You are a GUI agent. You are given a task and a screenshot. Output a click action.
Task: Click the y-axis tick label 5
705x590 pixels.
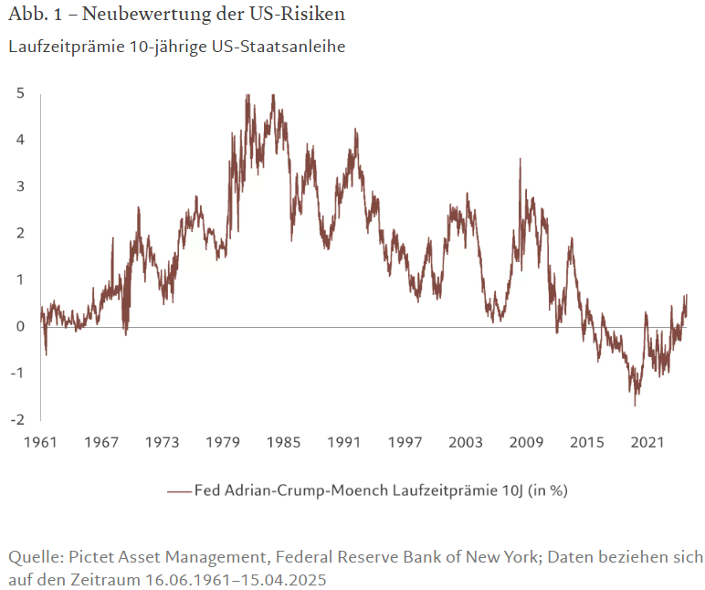coord(19,92)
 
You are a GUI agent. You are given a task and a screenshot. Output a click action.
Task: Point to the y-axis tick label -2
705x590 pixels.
coord(17,419)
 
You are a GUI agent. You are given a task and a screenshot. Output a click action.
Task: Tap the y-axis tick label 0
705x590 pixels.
coord(19,326)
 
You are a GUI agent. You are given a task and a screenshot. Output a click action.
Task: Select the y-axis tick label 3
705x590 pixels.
coord(19,186)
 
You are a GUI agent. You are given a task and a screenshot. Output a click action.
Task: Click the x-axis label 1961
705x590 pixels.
coord(40,443)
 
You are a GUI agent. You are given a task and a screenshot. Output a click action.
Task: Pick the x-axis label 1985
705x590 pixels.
coord(284,443)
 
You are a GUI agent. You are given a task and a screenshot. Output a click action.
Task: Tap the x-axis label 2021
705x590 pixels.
coord(647,443)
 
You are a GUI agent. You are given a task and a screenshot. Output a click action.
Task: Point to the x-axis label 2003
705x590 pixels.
coord(466,443)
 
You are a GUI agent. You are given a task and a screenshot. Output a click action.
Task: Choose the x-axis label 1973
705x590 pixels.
coord(162,443)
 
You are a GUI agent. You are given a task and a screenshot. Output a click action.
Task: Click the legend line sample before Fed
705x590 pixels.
coord(179,490)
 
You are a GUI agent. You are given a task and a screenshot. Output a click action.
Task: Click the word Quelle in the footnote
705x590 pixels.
coord(31,557)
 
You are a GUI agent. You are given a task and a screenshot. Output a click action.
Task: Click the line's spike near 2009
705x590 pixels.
coord(521,159)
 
